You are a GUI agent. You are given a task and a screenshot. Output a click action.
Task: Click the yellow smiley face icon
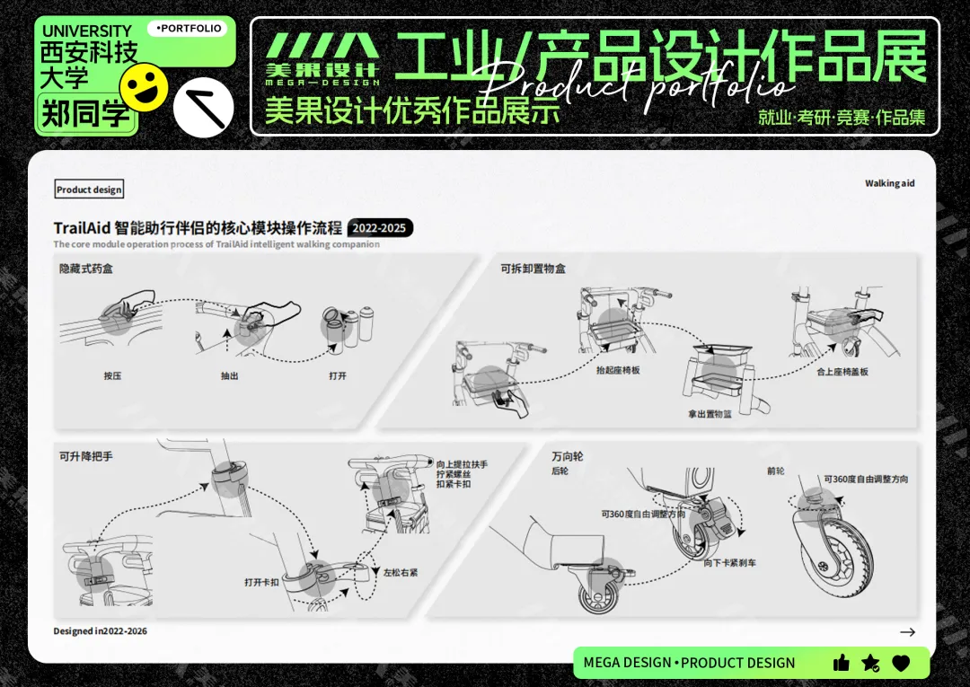144,87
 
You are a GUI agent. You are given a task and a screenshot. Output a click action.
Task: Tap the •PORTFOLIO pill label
188,29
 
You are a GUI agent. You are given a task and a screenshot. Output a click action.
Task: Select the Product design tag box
89,189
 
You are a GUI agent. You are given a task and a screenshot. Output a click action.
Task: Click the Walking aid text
889,183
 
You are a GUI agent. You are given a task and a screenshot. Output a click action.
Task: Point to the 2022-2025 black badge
380,228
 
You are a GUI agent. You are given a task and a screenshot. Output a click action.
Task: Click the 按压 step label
112,375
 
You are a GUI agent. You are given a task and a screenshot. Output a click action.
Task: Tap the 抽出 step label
230,375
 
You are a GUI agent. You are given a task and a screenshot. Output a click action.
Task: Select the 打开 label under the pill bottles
338,375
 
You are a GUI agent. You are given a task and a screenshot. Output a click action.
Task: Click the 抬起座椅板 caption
618,370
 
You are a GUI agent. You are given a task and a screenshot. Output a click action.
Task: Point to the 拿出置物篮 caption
710,415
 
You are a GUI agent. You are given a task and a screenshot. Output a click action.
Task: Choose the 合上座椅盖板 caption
842,371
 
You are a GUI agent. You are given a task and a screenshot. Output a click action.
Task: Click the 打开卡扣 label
262,582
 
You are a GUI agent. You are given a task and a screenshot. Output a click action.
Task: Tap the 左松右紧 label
401,572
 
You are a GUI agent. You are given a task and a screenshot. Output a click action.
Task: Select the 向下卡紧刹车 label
730,563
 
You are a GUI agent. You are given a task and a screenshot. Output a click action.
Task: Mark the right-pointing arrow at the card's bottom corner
907,632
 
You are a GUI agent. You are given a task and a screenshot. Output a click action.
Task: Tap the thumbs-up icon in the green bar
842,663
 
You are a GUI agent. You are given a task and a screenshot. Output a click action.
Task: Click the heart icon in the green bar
901,663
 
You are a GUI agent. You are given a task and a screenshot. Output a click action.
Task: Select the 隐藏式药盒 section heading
86,269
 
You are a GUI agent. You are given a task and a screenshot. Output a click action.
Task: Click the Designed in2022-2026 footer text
100,631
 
